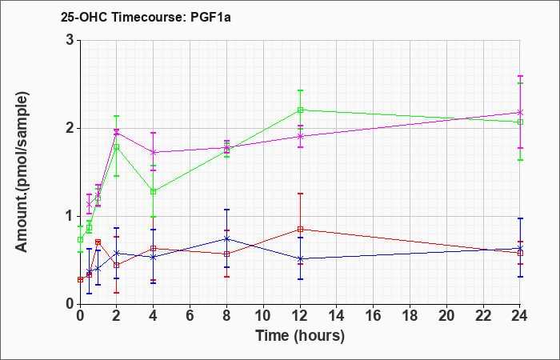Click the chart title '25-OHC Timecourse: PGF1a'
point(146,17)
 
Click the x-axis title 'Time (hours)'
point(300,336)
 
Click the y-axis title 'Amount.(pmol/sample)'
point(22,172)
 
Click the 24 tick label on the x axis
point(520,316)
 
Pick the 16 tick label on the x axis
point(374,316)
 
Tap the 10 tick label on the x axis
point(263,316)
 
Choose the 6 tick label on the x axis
point(190,316)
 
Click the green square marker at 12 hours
point(300,110)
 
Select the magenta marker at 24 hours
point(520,112)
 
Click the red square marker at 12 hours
point(300,230)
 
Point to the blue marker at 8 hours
point(226,238)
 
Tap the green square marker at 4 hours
point(154,191)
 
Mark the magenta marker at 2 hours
point(117,133)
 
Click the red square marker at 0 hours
point(80,280)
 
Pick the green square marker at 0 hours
point(80,239)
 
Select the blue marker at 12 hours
point(300,258)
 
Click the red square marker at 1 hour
point(98,242)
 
